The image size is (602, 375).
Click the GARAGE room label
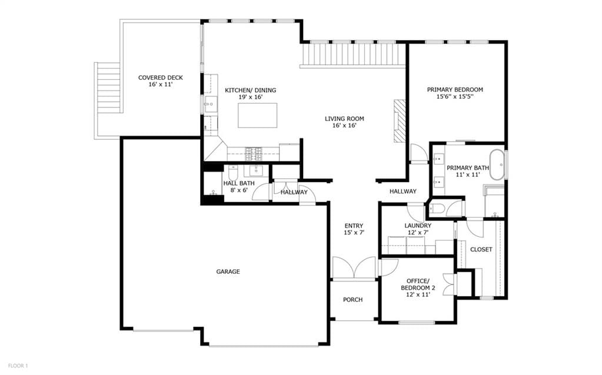pos(228,272)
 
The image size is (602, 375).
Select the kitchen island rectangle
pos(258,115)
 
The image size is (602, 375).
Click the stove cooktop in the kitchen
pos(254,153)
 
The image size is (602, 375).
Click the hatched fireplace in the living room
pos(400,121)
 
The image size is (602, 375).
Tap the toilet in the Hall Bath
pos(233,173)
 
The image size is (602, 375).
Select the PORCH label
pos(353,299)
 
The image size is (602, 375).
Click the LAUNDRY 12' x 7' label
pos(418,229)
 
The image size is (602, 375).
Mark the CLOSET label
pos(481,249)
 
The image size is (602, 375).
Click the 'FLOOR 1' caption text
pos(18,366)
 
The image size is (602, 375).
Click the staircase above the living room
pos(353,55)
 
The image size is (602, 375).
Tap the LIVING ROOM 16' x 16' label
pos(344,122)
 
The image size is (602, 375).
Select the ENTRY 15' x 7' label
pos(354,229)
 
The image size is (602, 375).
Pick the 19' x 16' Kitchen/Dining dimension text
pos(250,97)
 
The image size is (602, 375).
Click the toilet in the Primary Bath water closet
pos(437,209)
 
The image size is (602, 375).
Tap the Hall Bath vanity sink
pos(256,170)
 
